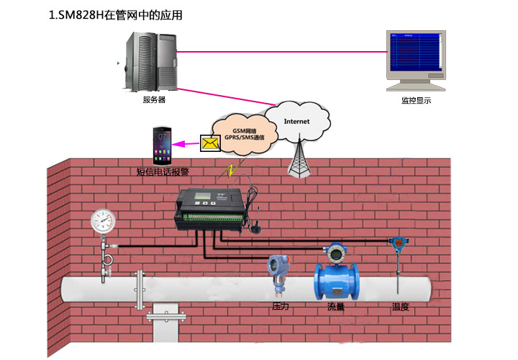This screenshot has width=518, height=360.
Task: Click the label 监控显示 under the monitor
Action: coord(416,101)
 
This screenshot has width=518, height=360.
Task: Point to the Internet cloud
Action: coord(296,121)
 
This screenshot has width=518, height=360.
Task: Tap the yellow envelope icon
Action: coord(210,144)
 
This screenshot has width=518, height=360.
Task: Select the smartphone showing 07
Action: coord(162,145)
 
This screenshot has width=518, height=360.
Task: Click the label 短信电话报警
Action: coord(163,173)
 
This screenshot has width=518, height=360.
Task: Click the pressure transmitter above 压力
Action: coord(278,270)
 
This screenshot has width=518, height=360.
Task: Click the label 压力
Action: coord(280,307)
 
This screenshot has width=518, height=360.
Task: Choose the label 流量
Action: coord(335,307)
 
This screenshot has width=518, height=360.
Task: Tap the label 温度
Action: coord(400,307)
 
